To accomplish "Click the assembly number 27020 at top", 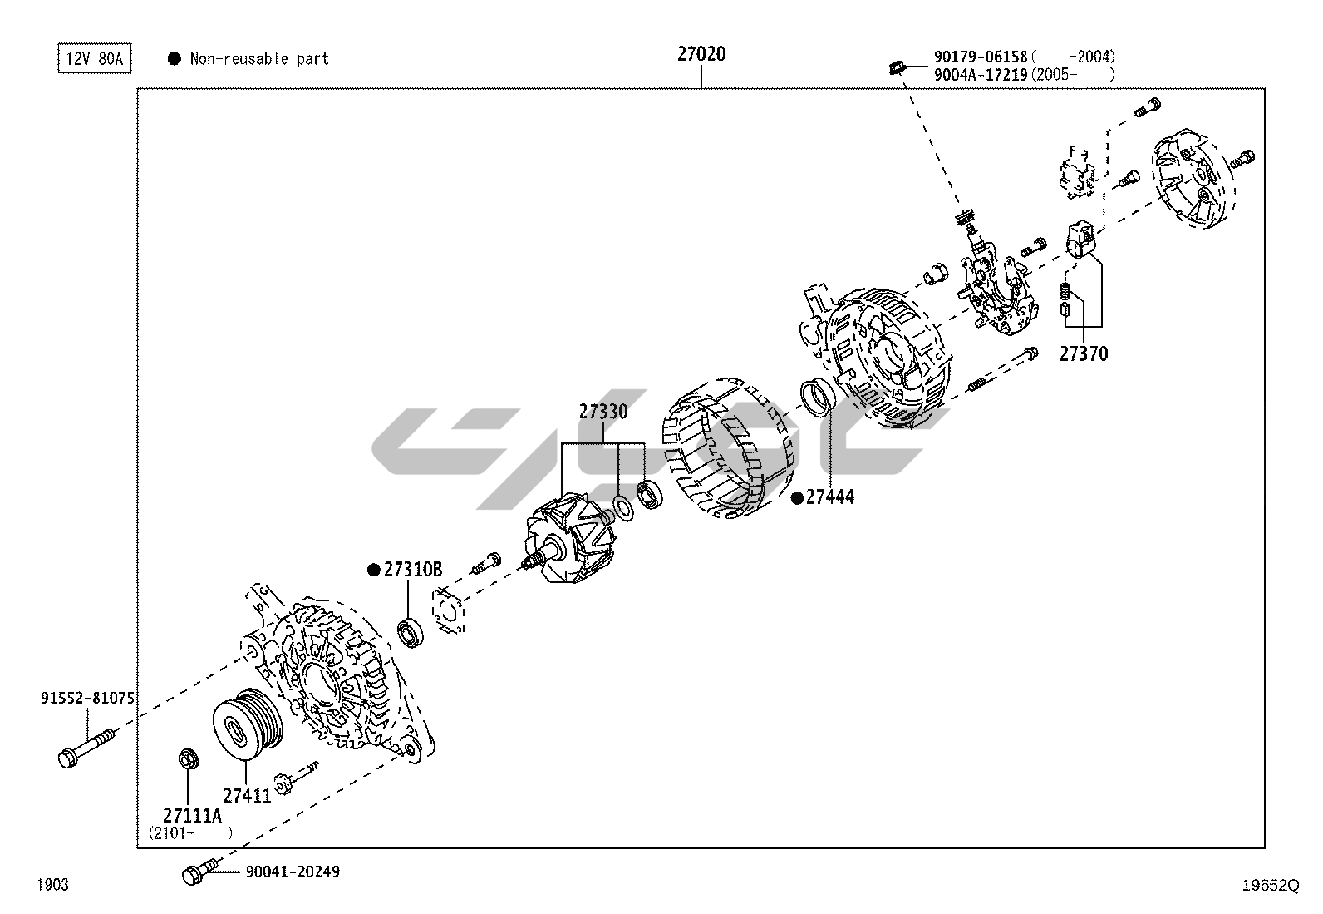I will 701,55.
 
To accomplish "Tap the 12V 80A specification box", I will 94,59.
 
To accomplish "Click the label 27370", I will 1083,354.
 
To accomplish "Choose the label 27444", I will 829,497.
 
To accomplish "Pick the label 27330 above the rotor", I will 603,412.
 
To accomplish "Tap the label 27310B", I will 412,570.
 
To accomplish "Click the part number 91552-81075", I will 87,699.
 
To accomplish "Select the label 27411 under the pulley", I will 247,796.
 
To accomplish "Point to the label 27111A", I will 193,815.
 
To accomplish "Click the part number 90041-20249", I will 293,872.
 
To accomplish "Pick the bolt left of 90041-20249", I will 198,873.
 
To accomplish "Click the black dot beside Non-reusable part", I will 175,59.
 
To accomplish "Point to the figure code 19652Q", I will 1269,886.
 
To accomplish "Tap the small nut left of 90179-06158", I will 895,66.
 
